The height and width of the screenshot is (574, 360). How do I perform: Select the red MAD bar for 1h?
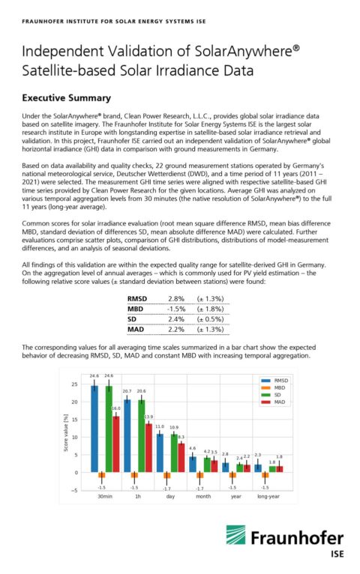(x=148, y=448)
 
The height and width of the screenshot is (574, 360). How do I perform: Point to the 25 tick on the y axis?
(x=74, y=384)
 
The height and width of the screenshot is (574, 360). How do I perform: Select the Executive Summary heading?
(x=66, y=97)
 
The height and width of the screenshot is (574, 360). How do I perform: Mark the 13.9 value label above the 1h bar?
(x=148, y=417)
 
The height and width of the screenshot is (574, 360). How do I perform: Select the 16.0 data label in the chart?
(x=116, y=409)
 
